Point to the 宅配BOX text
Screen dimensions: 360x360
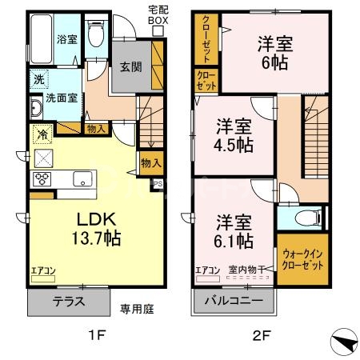[158, 15]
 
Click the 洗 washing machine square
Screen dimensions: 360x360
[38, 79]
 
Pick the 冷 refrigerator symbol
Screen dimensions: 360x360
[39, 134]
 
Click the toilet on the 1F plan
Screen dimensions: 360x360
[96, 34]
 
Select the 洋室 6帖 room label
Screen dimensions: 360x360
[274, 51]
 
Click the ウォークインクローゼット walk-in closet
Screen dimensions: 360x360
[303, 258]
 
